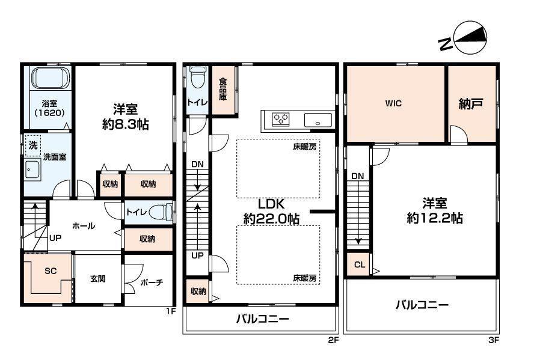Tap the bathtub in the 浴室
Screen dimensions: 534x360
[51, 78]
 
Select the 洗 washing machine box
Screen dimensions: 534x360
[33, 145]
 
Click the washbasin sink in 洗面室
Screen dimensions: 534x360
[32, 169]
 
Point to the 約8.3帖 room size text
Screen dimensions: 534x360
[126, 124]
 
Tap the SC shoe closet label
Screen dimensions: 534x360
[51, 271]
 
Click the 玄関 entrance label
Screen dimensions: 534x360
[98, 279]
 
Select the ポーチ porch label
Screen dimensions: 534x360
[152, 282]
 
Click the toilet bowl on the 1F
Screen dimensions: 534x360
[161, 212]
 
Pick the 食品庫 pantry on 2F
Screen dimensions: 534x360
[224, 90]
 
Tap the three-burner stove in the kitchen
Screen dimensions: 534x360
[281, 120]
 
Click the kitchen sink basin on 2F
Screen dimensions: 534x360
[318, 120]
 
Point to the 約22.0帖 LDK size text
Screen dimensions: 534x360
[271, 218]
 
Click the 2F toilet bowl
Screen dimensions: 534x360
[197, 78]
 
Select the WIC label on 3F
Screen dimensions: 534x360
[393, 103]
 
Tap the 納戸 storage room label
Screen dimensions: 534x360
[471, 103]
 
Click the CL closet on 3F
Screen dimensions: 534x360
[358, 264]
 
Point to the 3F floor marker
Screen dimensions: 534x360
[494, 340]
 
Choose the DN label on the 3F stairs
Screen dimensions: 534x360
[358, 176]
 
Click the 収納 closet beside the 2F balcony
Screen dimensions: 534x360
[198, 291]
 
